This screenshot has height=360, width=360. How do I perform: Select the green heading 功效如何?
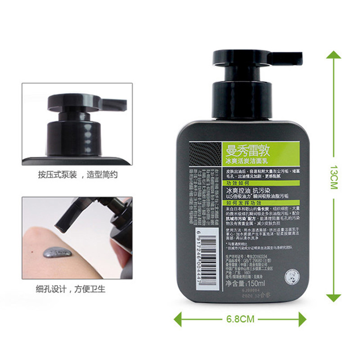pos(238,184)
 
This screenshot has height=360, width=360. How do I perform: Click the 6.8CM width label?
pos(240,319)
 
